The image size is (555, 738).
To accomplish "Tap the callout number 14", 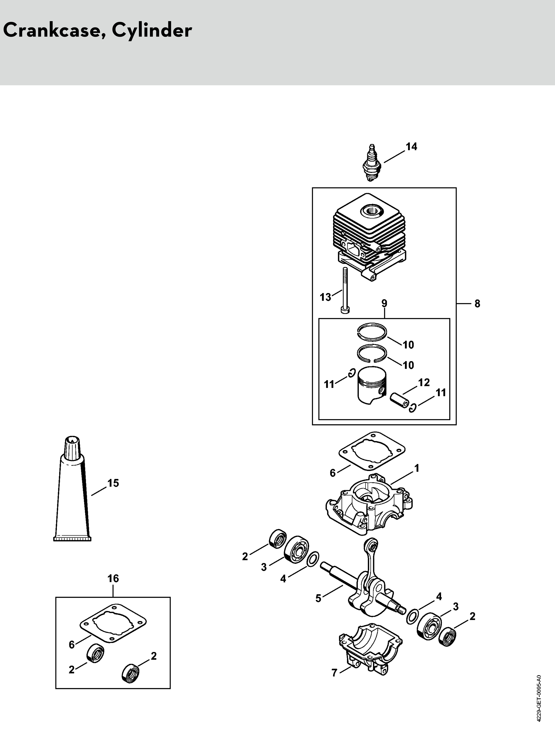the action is click(411, 147).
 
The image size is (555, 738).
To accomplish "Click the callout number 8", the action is click(477, 304).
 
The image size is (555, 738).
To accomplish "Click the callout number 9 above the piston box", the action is click(384, 304).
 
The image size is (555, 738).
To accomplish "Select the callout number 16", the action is click(113, 578).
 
